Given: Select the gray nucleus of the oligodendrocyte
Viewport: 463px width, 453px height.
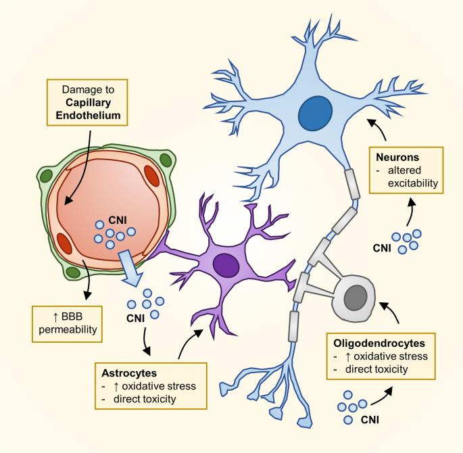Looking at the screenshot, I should (x=356, y=295).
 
